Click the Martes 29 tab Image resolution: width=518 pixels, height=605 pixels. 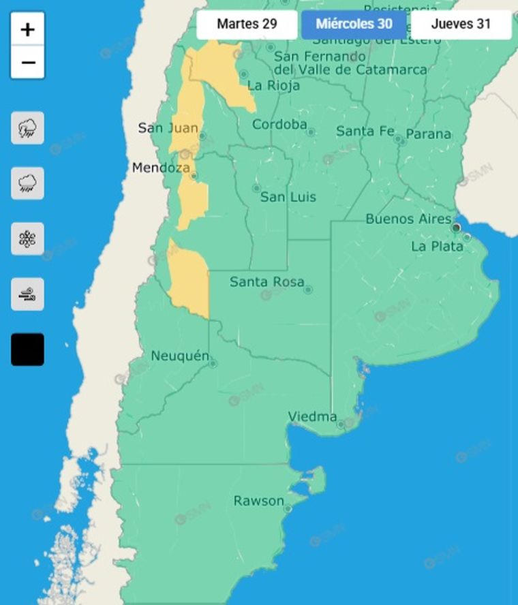[247, 25]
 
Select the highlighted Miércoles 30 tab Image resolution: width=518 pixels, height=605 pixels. [354, 25]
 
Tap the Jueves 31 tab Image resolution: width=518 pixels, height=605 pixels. [461, 25]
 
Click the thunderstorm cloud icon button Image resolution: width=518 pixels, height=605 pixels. [27, 128]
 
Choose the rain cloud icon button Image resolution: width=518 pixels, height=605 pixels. [27, 183]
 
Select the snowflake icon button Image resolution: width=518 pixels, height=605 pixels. [27, 238]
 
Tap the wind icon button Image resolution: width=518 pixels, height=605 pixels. [27, 294]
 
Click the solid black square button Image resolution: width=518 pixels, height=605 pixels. [27, 350]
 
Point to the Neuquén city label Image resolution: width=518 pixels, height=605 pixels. [179, 356]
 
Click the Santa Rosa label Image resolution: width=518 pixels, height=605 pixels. [266, 281]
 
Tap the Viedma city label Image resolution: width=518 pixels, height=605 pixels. [312, 416]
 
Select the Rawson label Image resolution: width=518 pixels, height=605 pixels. [258, 501]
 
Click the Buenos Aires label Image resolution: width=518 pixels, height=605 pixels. [408, 219]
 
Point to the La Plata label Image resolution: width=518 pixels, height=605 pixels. [437, 246]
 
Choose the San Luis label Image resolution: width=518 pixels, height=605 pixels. [288, 197]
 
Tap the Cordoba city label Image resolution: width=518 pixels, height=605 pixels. [279, 125]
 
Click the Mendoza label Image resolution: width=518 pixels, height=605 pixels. [160, 167]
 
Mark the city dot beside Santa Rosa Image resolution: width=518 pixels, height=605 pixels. [308, 290]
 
